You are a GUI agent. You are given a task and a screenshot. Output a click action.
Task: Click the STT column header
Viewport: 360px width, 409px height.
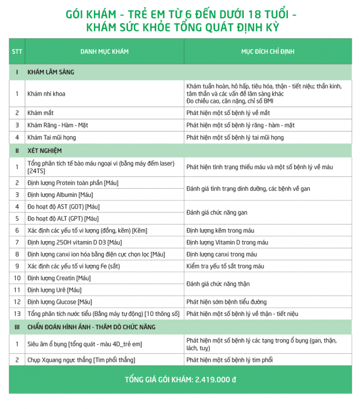[x=16, y=52]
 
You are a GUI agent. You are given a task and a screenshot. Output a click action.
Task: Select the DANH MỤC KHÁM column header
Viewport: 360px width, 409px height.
[x=104, y=52]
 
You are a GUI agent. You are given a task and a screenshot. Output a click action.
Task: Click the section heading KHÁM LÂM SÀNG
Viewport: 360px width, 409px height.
[x=51, y=72]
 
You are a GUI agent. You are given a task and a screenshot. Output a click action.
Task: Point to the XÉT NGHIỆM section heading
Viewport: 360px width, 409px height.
[x=46, y=151]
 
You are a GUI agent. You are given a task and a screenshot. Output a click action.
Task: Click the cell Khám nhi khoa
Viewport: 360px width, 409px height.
[x=46, y=94]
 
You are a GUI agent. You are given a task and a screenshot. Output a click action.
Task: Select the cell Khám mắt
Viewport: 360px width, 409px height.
[x=40, y=113]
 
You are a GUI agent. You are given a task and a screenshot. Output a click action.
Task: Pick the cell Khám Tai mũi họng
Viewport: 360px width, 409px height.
[x=52, y=138]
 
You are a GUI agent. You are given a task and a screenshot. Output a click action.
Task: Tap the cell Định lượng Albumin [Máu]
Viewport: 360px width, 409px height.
[x=60, y=195]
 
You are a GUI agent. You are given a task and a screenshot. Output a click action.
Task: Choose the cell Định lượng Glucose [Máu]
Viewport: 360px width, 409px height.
[x=60, y=302]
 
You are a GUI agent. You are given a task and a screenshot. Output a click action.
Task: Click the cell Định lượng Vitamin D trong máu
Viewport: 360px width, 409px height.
[x=227, y=242]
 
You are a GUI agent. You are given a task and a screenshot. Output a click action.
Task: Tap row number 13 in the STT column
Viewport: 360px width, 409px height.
[x=17, y=314]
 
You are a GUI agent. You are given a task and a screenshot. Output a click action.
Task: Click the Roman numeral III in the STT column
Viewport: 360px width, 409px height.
[x=17, y=327]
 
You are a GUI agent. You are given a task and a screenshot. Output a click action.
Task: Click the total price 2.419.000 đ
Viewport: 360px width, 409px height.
[x=213, y=380]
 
